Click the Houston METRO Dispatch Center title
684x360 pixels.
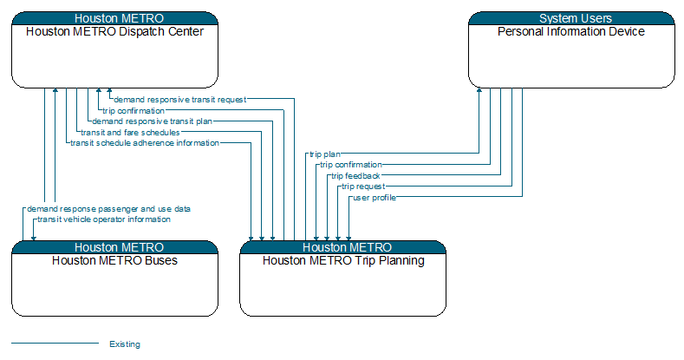[114, 32]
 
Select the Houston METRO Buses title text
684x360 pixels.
[114, 260]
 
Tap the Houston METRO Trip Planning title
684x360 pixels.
[343, 260]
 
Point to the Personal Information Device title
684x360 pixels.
[571, 32]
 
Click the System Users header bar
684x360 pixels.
[571, 18]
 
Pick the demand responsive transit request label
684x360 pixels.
[180, 100]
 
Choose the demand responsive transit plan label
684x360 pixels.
[153, 121]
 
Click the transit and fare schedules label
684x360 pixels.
[130, 132]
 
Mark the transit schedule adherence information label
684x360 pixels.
[145, 143]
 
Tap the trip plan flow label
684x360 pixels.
[325, 154]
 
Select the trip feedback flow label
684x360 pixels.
[355, 176]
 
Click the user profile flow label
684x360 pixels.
[375, 198]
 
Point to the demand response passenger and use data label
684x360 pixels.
[108, 209]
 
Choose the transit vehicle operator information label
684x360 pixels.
[104, 219]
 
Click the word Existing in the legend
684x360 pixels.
[125, 344]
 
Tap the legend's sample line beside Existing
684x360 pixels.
[55, 343]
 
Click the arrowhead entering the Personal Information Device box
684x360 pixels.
[479, 90]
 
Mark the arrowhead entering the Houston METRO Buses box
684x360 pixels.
[34, 239]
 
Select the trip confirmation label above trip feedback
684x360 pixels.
[351, 165]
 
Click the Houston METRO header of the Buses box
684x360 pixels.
[114, 247]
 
